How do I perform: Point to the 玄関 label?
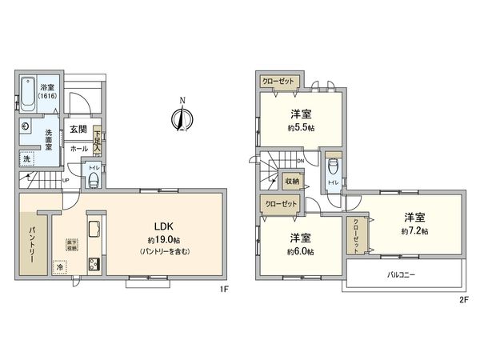(78, 129)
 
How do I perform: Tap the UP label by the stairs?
(65, 180)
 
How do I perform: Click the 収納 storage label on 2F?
(293, 182)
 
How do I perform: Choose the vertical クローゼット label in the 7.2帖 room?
(357, 233)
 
